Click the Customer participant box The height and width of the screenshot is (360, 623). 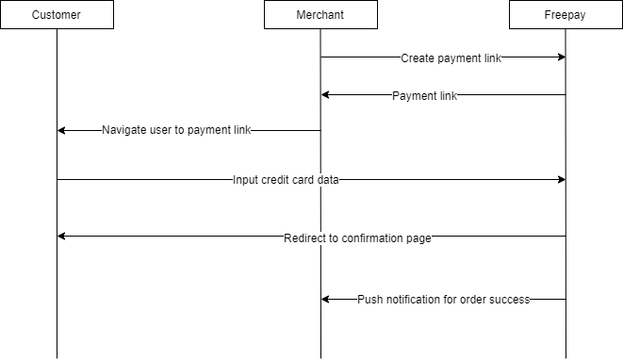click(57, 15)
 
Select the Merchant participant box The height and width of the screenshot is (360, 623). click(320, 15)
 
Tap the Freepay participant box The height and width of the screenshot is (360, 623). click(566, 15)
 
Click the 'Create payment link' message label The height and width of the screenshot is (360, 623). click(451, 57)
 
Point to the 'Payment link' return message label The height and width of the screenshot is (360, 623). click(424, 95)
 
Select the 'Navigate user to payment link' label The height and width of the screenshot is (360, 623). click(176, 130)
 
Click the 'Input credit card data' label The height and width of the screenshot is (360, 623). click(286, 179)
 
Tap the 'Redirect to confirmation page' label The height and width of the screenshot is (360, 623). click(357, 238)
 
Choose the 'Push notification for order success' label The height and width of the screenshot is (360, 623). click(443, 300)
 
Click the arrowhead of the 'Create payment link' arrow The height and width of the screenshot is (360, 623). click(561, 57)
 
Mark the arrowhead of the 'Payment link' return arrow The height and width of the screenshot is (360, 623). click(326, 95)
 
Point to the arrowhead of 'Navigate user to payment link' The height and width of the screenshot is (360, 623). click(62, 130)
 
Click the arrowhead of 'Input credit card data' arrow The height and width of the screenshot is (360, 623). click(561, 179)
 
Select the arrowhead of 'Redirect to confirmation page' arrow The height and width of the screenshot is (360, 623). click(62, 236)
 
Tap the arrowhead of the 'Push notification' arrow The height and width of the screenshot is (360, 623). click(326, 300)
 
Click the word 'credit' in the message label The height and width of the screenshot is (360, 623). click(279, 179)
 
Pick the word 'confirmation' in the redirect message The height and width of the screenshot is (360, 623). click(366, 238)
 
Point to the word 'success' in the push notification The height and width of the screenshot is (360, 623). click(509, 300)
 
